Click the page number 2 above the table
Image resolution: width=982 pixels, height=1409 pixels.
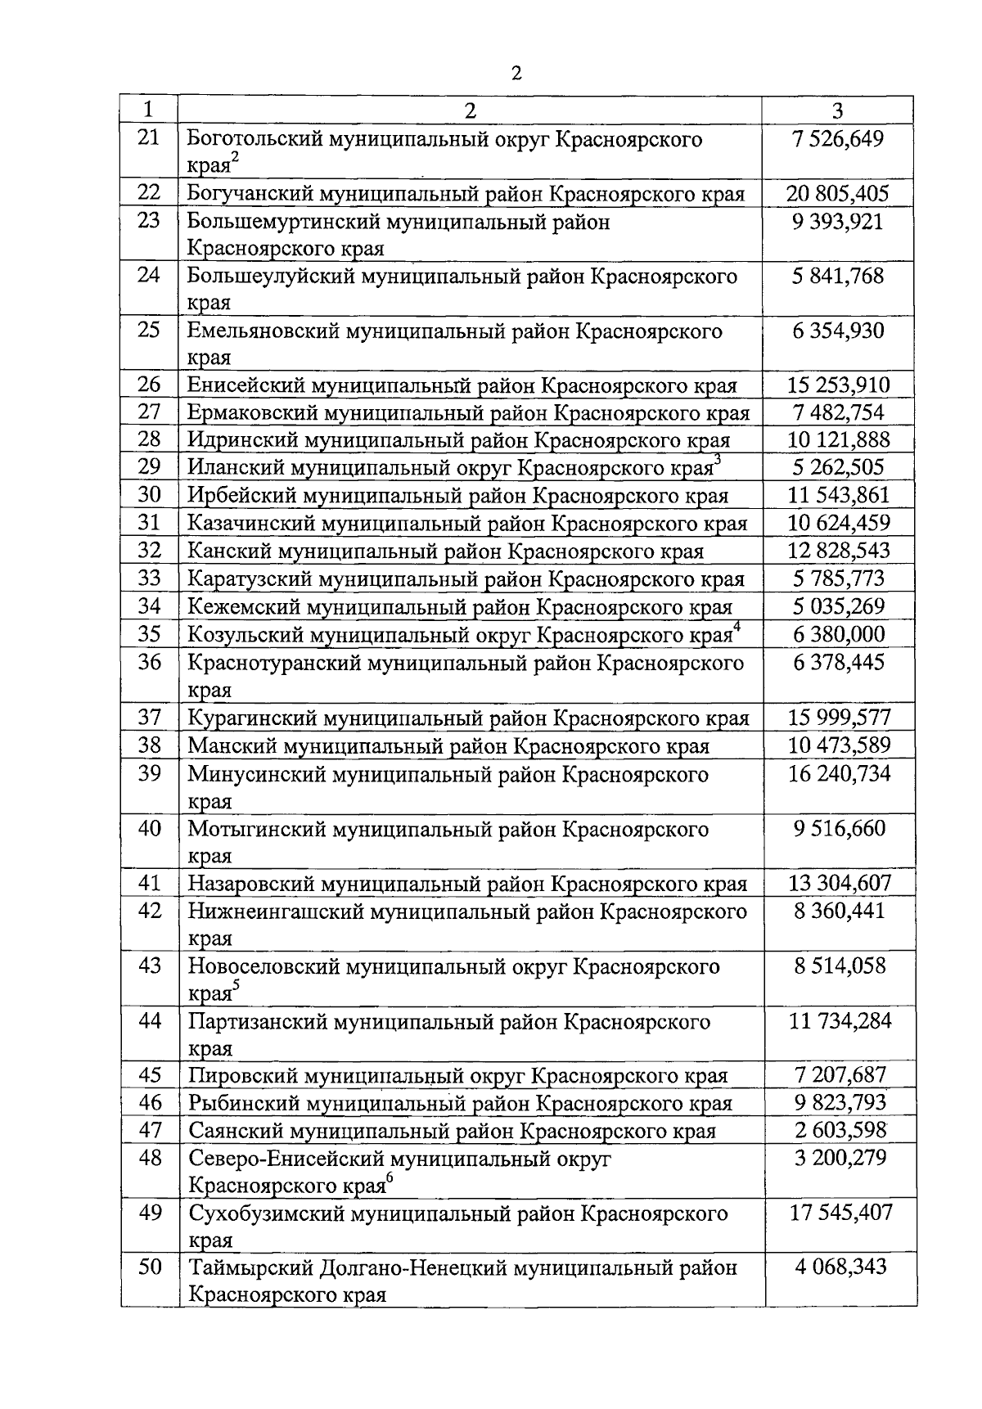[515, 74]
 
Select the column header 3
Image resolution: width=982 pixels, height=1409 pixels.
[837, 110]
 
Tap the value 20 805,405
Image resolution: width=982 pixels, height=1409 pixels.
[837, 194]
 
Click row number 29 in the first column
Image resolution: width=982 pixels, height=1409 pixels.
[149, 466]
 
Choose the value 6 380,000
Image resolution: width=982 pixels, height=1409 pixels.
[838, 634]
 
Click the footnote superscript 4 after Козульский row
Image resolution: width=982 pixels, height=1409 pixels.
[737, 627]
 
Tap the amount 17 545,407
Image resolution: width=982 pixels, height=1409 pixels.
[840, 1213]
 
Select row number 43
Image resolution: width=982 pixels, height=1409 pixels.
[150, 966]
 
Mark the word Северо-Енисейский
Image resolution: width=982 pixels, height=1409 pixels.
[286, 1159]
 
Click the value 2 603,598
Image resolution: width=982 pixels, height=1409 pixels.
[840, 1131]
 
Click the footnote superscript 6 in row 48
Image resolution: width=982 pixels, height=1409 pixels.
[390, 1177]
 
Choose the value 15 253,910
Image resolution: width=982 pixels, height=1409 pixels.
[838, 385]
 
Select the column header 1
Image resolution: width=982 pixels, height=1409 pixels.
[148, 110]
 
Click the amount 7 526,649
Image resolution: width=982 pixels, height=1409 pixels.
[838, 138]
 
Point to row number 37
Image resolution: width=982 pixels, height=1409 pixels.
[149, 718]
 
